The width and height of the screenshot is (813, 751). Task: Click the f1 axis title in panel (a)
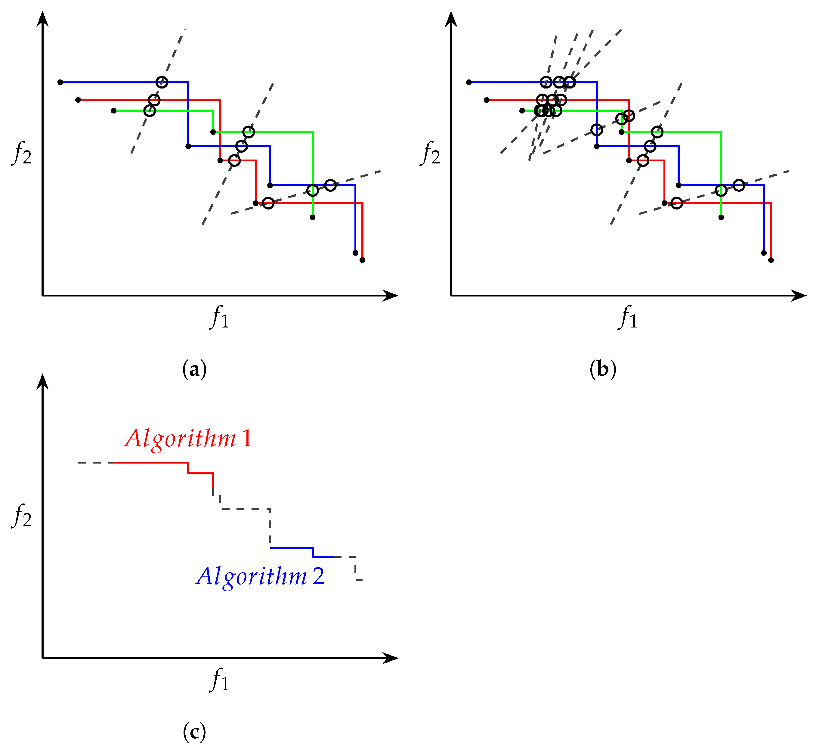click(x=219, y=317)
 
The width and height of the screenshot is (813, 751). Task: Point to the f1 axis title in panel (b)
click(x=628, y=317)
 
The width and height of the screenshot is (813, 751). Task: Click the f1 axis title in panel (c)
click(x=219, y=679)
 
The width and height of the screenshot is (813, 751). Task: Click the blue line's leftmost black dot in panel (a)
click(x=60, y=82)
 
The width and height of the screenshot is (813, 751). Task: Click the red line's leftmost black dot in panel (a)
click(x=78, y=100)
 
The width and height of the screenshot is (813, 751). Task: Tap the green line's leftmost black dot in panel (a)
click(x=114, y=110)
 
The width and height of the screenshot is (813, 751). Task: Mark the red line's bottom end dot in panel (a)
click(x=362, y=260)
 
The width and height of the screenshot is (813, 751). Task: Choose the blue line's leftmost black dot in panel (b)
click(x=469, y=82)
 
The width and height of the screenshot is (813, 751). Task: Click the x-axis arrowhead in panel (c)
click(x=391, y=658)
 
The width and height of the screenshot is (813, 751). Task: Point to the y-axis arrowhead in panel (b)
click(x=451, y=18)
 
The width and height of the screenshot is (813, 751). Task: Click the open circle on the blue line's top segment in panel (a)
click(x=162, y=82)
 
